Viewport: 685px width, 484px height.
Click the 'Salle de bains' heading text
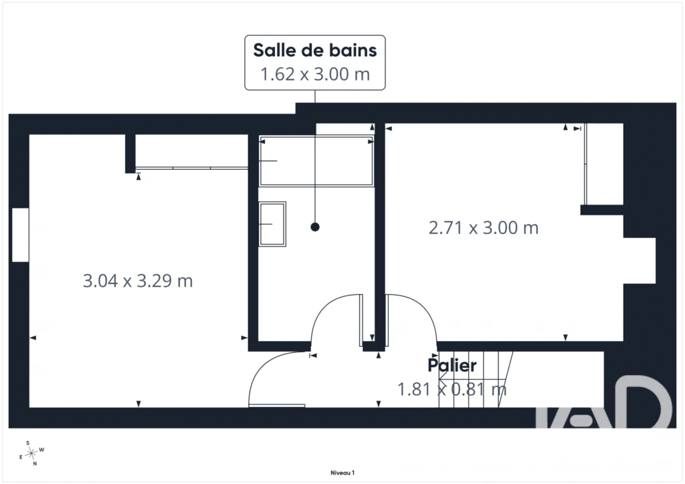(315, 50)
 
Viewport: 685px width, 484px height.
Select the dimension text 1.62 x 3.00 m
(315, 74)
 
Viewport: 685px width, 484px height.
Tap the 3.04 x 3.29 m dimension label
(138, 281)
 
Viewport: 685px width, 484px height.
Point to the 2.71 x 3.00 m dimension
(484, 228)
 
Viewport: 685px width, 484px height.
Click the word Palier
(452, 365)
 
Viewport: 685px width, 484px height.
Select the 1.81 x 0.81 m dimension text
(452, 389)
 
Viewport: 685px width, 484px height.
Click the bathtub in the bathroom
(316, 161)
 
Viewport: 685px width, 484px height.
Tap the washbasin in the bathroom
(272, 224)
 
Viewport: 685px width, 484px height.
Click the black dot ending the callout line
(315, 227)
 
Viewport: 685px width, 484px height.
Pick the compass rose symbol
(31, 453)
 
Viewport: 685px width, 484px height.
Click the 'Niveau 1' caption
(342, 473)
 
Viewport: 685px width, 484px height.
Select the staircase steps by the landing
(476, 379)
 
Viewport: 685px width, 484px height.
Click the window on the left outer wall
(21, 235)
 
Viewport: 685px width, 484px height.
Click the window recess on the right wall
(640, 261)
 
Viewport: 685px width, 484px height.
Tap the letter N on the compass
(35, 464)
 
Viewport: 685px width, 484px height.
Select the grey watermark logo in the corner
(604, 402)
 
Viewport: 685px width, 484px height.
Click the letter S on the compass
(28, 443)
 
